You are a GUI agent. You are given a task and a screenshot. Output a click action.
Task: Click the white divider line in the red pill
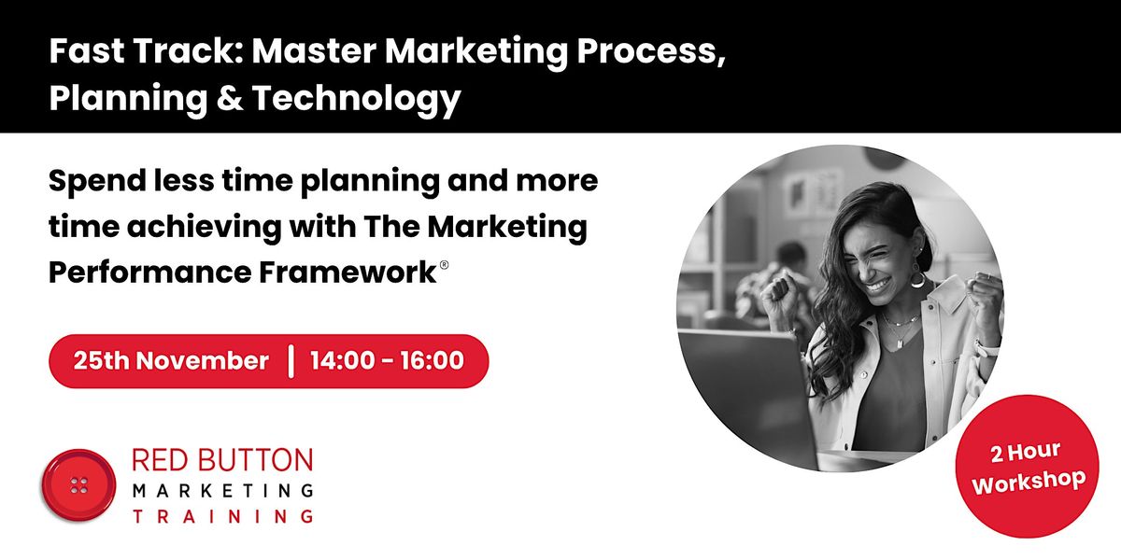[x=291, y=360]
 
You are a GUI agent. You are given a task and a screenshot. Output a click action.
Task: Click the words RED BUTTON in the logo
[x=221, y=461]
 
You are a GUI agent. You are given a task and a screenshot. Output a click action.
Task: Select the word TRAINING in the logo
[x=221, y=515]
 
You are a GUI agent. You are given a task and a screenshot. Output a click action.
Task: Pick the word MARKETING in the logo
[x=221, y=489]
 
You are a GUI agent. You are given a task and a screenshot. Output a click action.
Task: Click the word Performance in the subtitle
[x=139, y=273]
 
